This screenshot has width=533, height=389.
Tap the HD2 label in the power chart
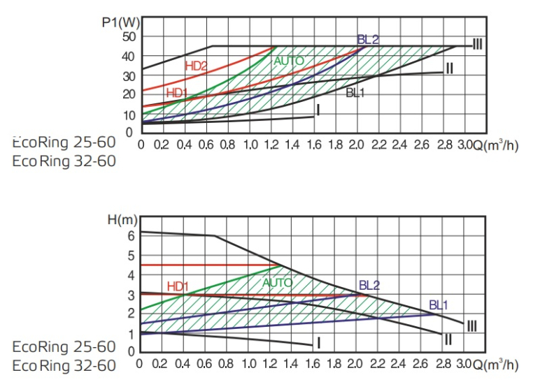pos(197,66)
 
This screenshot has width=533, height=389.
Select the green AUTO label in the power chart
pos(289,61)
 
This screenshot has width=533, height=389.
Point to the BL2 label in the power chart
pos(368,40)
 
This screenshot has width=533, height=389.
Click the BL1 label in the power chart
pos(357,92)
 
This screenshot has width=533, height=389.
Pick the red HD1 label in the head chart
pos(178,286)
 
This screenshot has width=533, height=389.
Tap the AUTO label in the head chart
pos(278,283)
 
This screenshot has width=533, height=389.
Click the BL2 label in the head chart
pos(369,285)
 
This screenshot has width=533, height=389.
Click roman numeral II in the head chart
pos(448,339)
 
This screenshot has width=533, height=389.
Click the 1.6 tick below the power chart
pos(314,145)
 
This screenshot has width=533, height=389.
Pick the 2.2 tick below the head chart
pos(379,365)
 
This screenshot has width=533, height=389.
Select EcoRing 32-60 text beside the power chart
pos(64,161)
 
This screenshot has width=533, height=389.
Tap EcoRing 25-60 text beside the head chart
pos(64,347)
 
